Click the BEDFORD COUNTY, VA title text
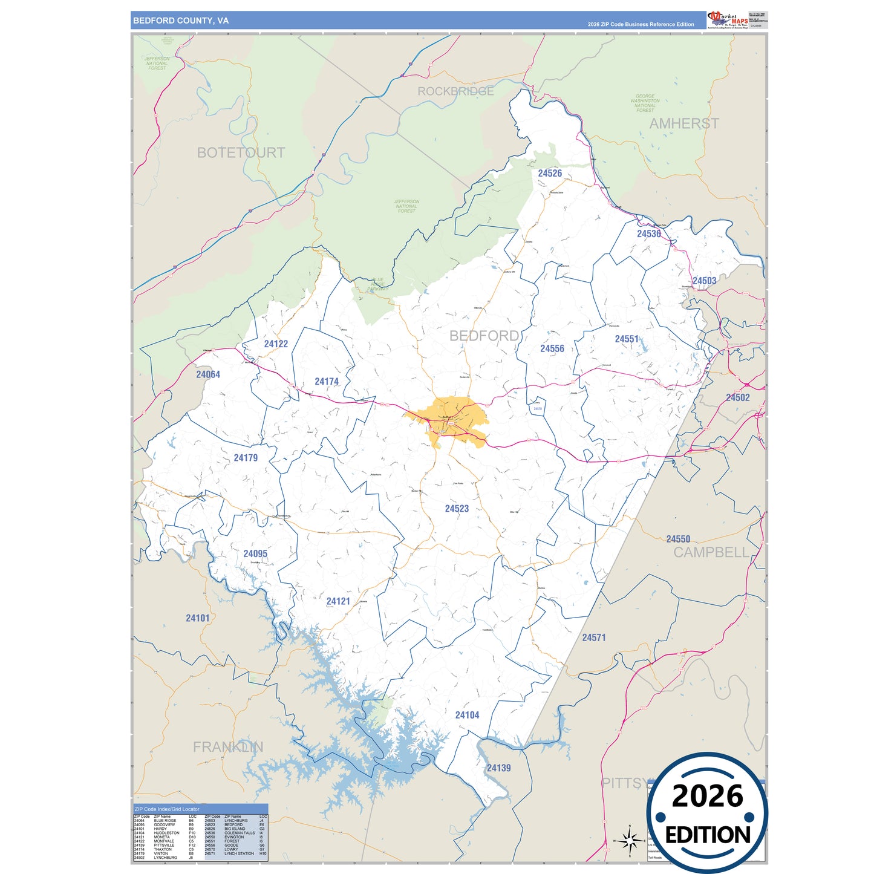(x=181, y=21)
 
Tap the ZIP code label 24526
(x=550, y=174)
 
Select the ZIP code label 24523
(x=457, y=509)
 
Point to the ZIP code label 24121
(x=338, y=601)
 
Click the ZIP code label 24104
(x=467, y=715)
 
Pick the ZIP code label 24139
(x=498, y=768)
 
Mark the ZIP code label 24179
(x=246, y=458)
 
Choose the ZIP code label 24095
(x=255, y=553)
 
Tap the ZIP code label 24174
(x=327, y=382)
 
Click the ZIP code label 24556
(x=552, y=349)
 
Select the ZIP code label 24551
(x=627, y=339)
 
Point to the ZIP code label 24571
(x=593, y=638)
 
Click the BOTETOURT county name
(x=241, y=153)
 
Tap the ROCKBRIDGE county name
(x=455, y=91)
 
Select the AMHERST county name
(x=684, y=124)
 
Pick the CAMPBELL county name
(x=711, y=552)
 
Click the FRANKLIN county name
(x=228, y=747)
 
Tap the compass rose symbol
(x=630, y=840)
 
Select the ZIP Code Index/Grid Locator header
(x=167, y=809)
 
